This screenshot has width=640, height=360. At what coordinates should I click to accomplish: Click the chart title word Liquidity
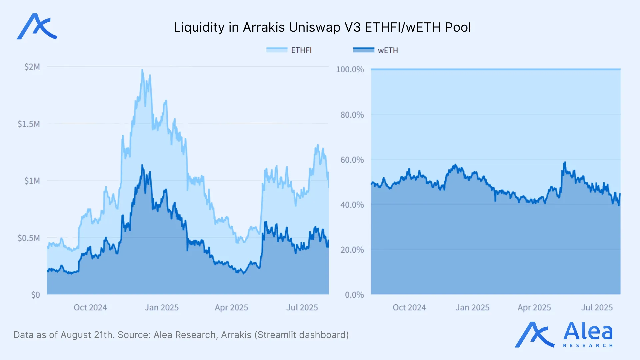click(x=199, y=27)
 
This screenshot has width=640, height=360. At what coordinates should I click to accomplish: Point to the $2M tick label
click(x=32, y=67)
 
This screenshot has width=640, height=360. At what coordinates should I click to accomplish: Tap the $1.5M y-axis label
click(x=29, y=124)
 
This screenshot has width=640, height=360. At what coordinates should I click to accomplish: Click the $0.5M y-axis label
click(x=29, y=238)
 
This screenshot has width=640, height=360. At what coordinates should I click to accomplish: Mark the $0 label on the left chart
click(x=35, y=295)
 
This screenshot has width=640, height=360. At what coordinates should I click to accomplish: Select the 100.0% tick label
click(x=350, y=69)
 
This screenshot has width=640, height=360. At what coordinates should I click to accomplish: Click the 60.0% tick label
click(x=352, y=160)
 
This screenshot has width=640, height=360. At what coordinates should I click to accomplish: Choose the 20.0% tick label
click(x=352, y=250)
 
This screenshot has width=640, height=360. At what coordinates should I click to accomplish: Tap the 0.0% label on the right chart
click(x=354, y=295)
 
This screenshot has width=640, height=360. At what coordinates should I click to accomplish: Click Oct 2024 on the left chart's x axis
click(x=90, y=307)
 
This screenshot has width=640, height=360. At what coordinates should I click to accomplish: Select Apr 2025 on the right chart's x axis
click(x=534, y=307)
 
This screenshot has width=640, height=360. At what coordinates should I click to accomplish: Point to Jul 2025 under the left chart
click(x=302, y=307)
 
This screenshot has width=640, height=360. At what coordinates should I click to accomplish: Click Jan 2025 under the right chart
click(x=472, y=307)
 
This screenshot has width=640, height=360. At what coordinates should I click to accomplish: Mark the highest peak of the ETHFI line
click(x=142, y=70)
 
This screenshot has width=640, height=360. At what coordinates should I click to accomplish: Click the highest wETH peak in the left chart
click(x=142, y=165)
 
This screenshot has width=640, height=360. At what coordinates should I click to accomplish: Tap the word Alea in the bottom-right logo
click(x=588, y=331)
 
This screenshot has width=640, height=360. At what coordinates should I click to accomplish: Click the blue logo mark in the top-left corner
click(x=37, y=27)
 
